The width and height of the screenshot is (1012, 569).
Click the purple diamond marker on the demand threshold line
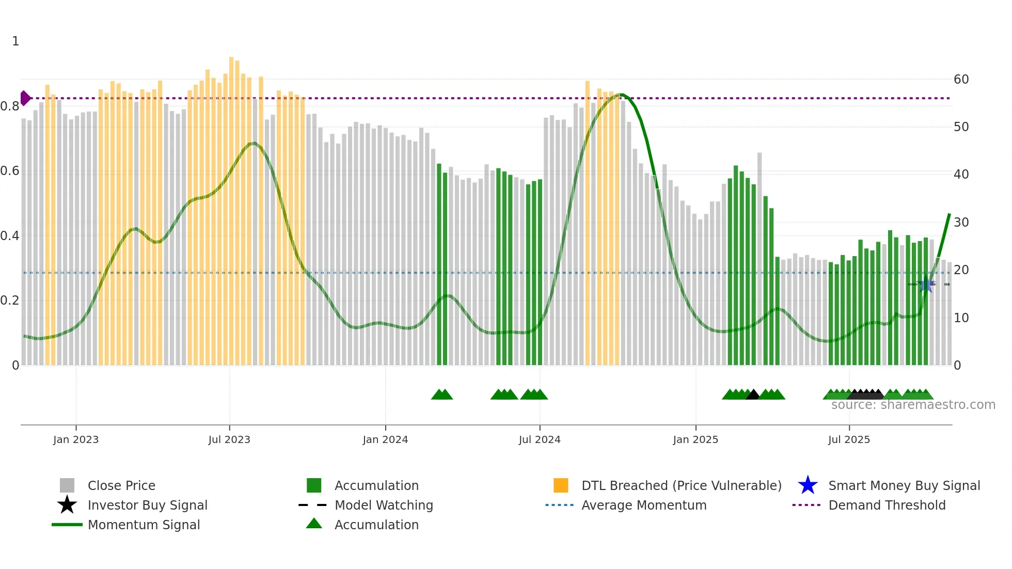click(x=25, y=98)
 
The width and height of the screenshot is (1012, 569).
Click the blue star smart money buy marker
click(x=926, y=284)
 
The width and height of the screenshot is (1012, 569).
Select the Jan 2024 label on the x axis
click(x=385, y=439)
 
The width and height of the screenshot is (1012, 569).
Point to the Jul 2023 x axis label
click(x=229, y=439)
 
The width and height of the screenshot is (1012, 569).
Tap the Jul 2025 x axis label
click(x=849, y=439)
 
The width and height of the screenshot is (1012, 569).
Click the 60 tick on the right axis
click(x=961, y=80)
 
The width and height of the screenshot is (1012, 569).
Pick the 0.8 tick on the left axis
click(x=10, y=106)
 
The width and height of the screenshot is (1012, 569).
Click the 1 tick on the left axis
click(x=15, y=41)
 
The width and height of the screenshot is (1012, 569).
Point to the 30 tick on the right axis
click(x=961, y=223)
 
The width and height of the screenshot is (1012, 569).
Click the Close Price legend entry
click(x=121, y=485)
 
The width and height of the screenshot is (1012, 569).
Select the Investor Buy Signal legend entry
click(x=147, y=505)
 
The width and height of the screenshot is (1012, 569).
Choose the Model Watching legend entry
click(x=384, y=505)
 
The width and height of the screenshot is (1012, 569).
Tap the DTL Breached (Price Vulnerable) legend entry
click(x=681, y=485)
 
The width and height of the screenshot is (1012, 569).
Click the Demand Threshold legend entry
click(x=887, y=505)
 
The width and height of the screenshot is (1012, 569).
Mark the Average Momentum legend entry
click(x=643, y=505)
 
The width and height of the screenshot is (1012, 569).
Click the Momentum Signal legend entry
click(x=144, y=525)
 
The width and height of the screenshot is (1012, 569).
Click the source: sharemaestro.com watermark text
click(x=913, y=405)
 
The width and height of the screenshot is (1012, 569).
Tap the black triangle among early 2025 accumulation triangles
click(x=753, y=395)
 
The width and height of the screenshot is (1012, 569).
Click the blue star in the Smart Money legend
click(x=808, y=485)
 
